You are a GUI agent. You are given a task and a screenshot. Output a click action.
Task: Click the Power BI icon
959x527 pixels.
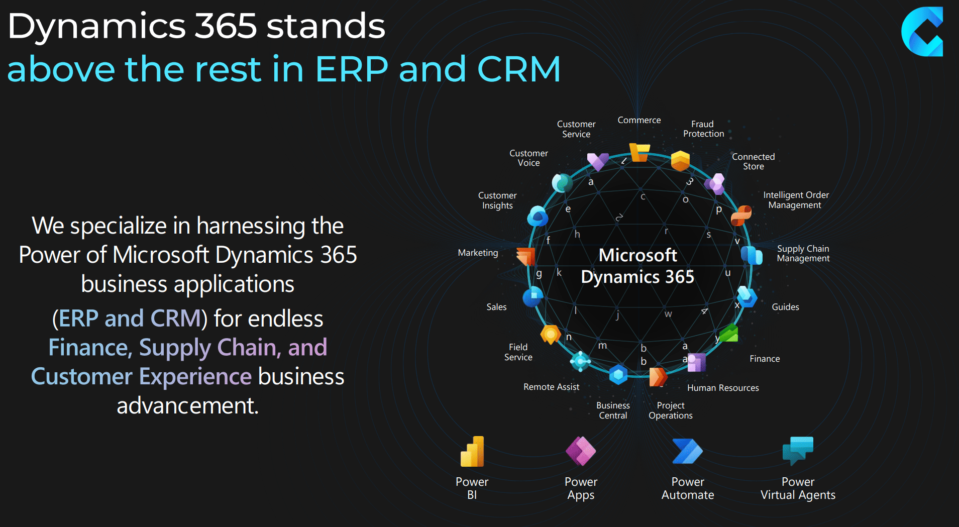pos(472,452)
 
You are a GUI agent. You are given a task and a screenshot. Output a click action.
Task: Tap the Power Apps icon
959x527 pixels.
pos(581,451)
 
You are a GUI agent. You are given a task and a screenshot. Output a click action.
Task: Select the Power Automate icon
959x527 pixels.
pos(687,451)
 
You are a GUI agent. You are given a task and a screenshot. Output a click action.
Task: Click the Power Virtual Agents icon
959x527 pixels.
pos(798,450)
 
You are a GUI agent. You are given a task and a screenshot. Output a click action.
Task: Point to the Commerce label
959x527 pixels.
pos(639,120)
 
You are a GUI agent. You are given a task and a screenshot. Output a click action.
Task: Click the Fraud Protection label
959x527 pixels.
pos(703,129)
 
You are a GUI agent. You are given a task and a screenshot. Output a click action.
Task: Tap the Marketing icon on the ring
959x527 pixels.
pos(526,256)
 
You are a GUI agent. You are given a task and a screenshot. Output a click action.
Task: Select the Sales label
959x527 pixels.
pos(496,307)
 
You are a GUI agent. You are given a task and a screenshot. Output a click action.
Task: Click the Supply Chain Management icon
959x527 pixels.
pos(752,255)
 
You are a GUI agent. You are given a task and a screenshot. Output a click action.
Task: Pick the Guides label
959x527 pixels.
pos(785,307)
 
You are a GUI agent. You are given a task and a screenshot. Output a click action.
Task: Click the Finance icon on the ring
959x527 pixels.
pos(728,333)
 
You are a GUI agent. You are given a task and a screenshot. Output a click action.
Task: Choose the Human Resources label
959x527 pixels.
pos(723,388)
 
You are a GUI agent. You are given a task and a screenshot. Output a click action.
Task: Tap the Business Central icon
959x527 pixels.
pos(618,375)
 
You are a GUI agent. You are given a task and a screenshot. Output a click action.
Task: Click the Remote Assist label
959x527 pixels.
pos(551,387)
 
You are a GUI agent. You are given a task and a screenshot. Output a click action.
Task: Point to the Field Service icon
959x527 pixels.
pos(551,334)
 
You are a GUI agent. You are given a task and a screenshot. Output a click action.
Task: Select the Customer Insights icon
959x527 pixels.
pos(538,217)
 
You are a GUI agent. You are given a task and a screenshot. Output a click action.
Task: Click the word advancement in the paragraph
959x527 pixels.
pos(187,405)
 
